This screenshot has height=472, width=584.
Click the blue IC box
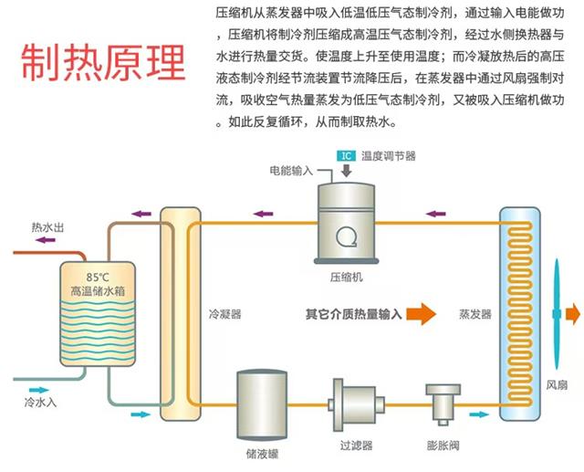346,156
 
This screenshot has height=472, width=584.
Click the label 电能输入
291,171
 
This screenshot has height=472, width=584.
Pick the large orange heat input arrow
421,314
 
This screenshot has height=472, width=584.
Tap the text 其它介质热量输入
353,314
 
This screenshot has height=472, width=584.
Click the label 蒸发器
475,314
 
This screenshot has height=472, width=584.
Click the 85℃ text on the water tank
98,277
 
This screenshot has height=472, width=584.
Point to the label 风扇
558,386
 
